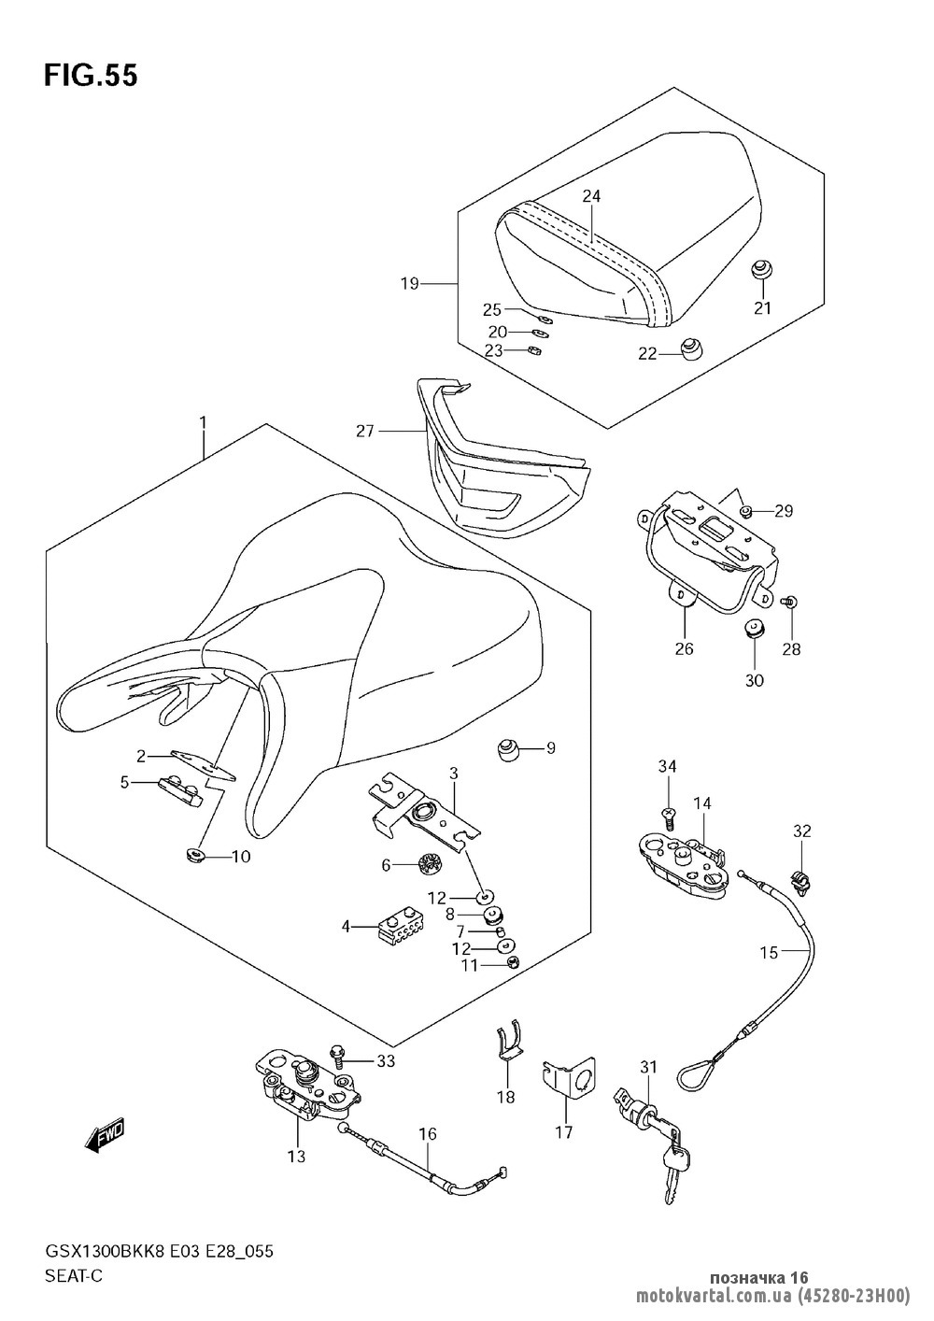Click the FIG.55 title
pyautogui.click(x=90, y=76)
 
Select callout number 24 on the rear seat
pyautogui.click(x=591, y=196)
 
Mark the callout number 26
pyautogui.click(x=684, y=648)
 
